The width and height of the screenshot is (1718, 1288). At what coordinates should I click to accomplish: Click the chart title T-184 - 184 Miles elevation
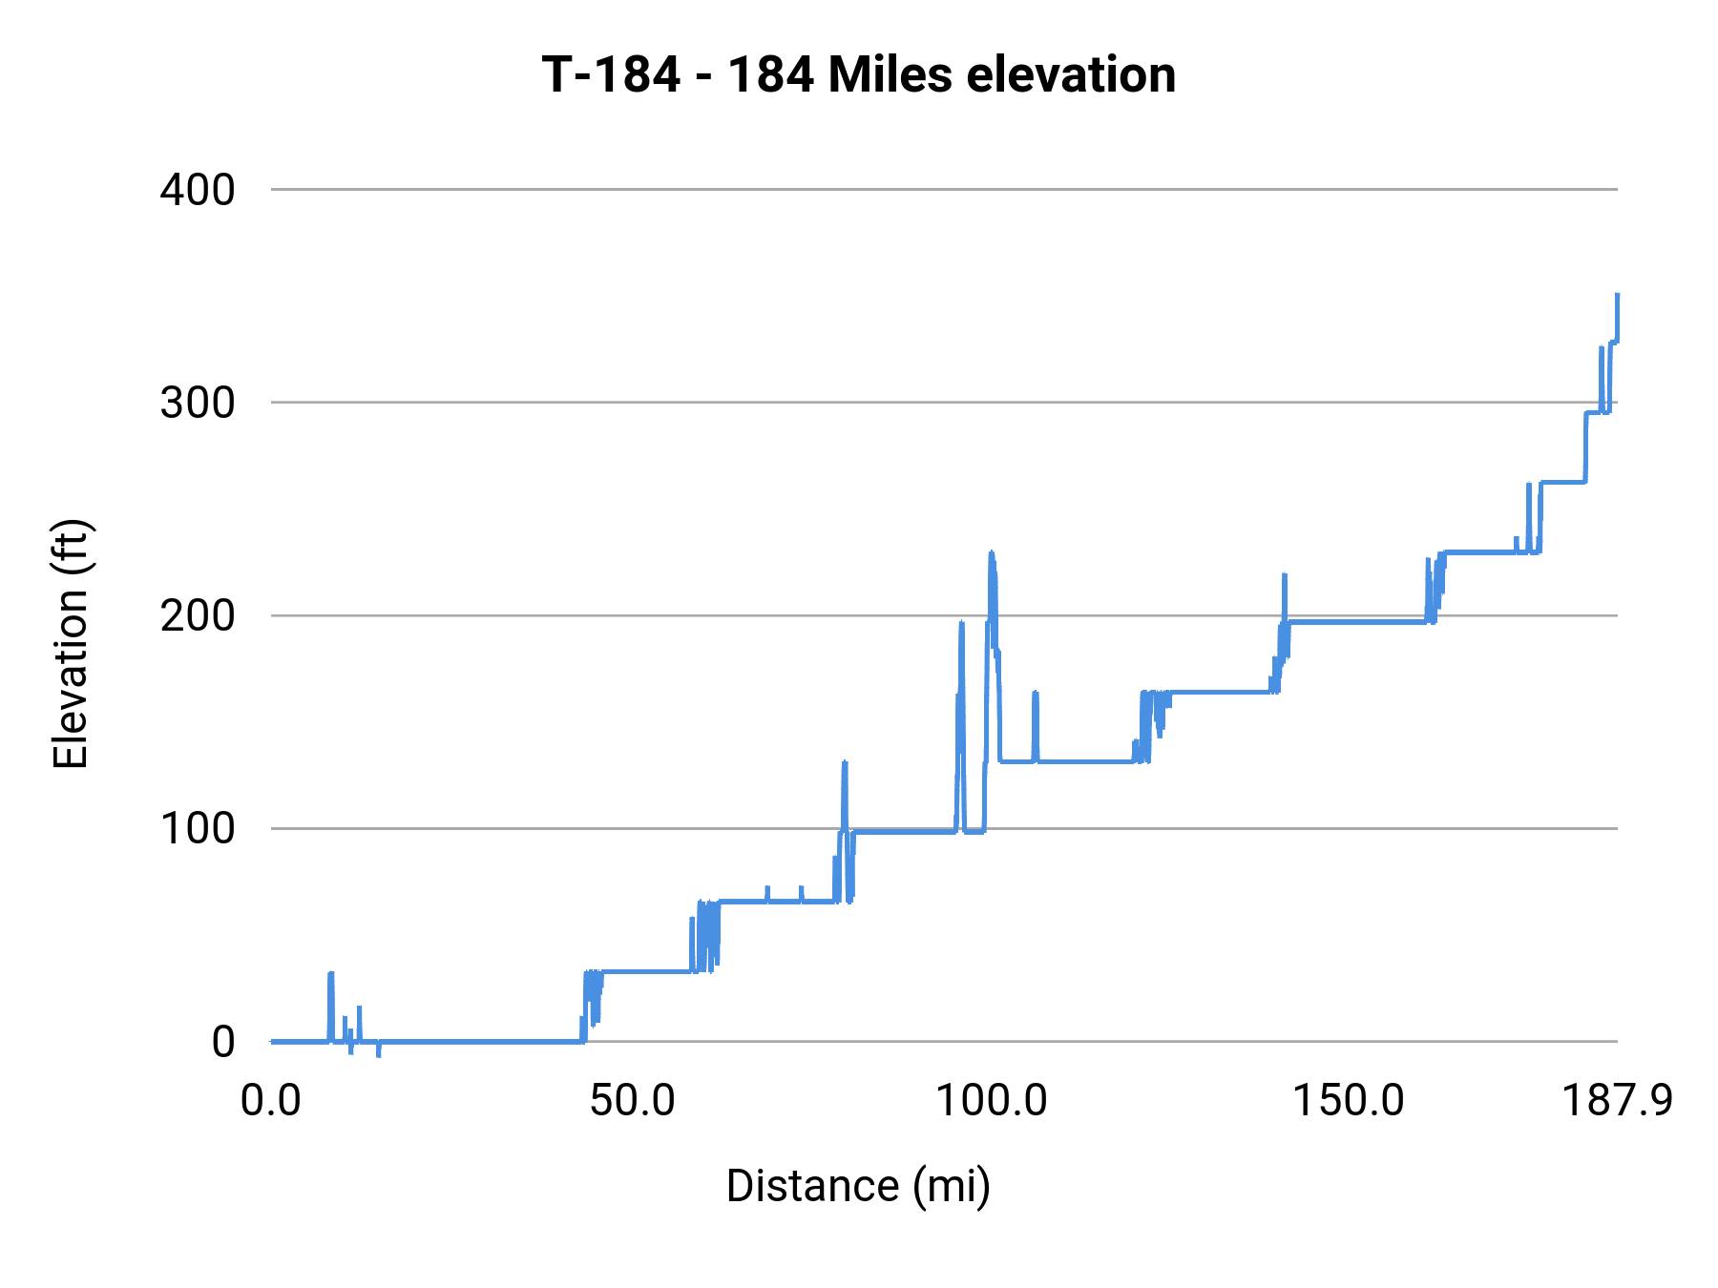858,74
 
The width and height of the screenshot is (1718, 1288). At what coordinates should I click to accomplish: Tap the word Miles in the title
890,74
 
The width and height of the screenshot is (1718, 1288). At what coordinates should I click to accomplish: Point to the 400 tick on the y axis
198,190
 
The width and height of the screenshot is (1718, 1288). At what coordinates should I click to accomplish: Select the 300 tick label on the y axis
198,403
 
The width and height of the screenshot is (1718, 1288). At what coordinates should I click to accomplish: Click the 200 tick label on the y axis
198,615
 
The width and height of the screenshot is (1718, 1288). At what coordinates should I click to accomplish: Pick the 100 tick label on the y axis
198,828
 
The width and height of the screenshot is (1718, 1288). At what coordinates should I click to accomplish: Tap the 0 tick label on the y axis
222,1041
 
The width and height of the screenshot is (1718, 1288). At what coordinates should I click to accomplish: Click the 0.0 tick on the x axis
271,1101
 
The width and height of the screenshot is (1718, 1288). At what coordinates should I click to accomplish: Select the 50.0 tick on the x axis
632,1101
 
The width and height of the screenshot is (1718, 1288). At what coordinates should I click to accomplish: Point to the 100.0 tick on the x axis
991,1101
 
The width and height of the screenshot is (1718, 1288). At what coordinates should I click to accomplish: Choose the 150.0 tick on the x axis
1348,1101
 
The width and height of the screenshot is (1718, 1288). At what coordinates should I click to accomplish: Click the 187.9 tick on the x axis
1617,1101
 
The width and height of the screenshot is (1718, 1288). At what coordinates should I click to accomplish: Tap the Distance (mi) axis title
858,1186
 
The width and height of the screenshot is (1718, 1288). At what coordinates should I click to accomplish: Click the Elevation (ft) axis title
71,644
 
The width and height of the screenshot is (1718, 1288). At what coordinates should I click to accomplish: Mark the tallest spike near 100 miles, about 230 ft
992,554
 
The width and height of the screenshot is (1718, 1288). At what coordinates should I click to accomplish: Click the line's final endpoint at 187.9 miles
1617,296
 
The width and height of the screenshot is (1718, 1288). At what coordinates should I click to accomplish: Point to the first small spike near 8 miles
330,975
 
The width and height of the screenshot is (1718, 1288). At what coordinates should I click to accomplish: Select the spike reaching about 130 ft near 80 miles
845,763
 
